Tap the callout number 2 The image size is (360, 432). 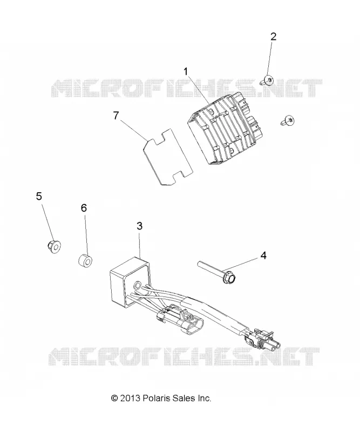273,37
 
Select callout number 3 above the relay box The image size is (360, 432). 140,226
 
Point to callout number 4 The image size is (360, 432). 263,255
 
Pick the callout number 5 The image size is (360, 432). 39,197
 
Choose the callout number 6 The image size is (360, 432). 84,208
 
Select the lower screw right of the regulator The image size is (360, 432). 288,120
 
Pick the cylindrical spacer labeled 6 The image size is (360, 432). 85,261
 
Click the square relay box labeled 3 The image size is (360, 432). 130,281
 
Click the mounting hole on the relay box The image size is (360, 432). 137,286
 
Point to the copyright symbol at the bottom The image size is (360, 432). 114,398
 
